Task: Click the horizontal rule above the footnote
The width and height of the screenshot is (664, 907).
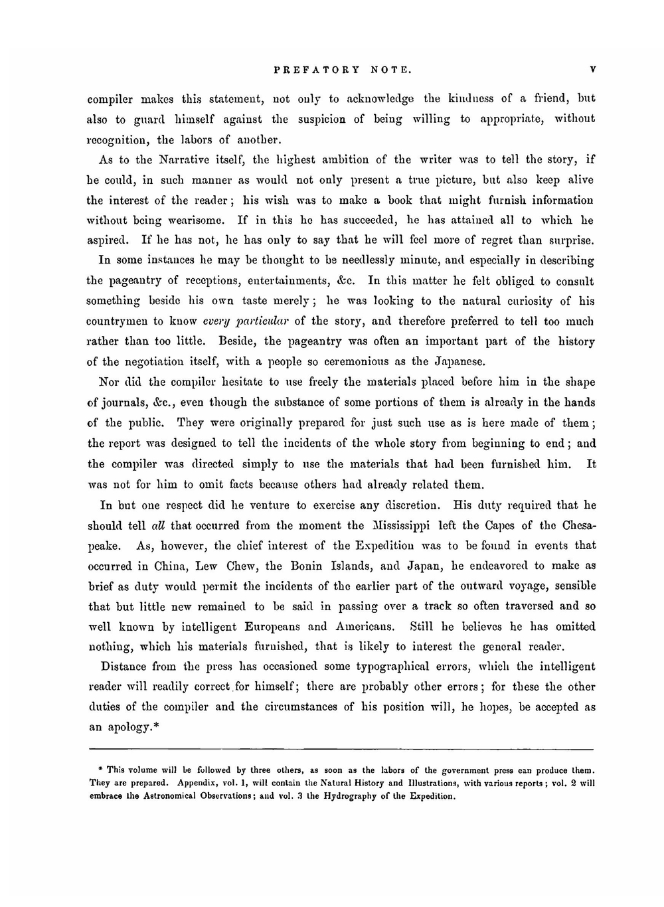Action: pos(341,749)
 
